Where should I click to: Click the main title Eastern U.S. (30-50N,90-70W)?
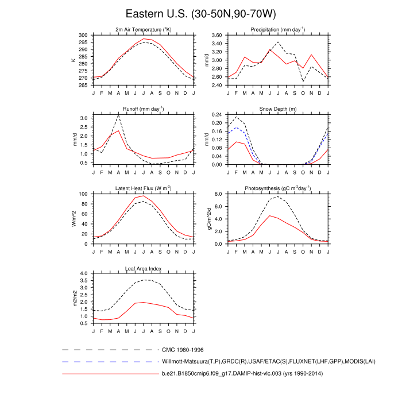tap(200, 13)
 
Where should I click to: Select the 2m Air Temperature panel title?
tap(144, 29)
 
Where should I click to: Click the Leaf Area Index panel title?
tap(144, 268)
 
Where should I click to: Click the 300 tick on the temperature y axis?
tap(84, 35)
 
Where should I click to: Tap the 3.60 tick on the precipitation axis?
tap(217, 35)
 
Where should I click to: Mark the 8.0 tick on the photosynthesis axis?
tap(218, 194)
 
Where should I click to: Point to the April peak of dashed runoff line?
tap(118, 115)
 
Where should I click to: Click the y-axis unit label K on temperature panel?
tap(74, 60)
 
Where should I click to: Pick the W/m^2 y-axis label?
tap(74, 219)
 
